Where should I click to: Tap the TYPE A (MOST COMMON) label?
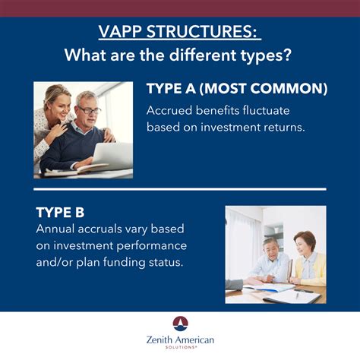coord(236,90)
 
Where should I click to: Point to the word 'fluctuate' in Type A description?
coord(270,109)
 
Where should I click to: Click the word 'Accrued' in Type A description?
coord(169,109)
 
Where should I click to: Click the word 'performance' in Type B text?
coord(155,246)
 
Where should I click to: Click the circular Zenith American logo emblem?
coord(180,324)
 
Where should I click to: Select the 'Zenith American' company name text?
coord(180,339)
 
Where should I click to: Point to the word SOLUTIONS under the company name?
coord(180,349)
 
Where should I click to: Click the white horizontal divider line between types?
coord(180,189)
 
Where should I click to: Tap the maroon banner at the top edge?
coord(180,8)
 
